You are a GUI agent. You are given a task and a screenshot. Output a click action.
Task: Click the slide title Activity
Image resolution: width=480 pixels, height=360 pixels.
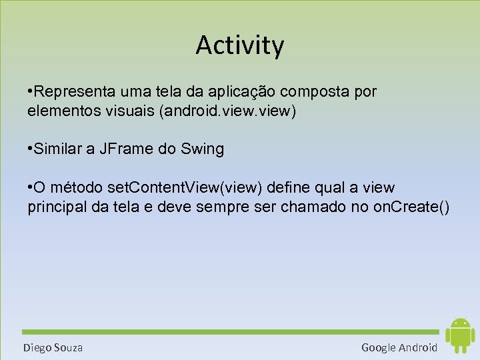tap(240, 45)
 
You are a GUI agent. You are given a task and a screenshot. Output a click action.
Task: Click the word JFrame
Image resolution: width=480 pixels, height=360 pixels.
tap(127, 149)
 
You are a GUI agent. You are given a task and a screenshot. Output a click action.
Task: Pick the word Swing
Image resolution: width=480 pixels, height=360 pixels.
tap(202, 149)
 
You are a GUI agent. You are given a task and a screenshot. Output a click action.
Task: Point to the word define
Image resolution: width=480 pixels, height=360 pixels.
tap(288, 187)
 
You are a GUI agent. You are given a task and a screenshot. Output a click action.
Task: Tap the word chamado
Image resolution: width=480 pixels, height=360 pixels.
tap(312, 207)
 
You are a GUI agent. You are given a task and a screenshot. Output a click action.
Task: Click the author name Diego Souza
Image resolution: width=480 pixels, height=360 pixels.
tap(53, 347)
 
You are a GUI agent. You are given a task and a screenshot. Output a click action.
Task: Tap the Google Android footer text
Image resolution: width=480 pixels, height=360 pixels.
tap(399, 347)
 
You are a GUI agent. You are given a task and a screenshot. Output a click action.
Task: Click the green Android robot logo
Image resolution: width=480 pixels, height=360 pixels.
tap(459, 335)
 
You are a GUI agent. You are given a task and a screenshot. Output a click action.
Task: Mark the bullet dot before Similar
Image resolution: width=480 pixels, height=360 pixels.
tap(31, 149)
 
